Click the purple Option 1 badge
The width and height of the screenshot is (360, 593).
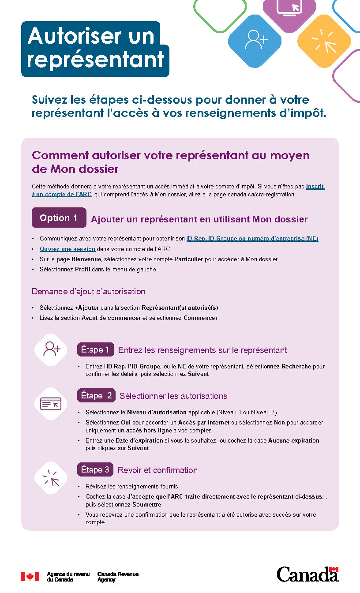(59, 218)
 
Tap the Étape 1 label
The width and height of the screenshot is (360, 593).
(95, 350)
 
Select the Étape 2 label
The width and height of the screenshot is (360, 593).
(97, 396)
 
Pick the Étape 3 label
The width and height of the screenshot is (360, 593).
(95, 470)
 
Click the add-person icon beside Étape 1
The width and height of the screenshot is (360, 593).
(51, 349)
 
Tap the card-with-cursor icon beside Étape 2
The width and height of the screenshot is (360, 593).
(51, 404)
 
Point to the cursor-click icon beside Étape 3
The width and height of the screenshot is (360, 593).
(51, 478)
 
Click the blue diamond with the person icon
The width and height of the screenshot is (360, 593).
(255, 41)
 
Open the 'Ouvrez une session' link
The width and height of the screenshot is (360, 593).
(67, 249)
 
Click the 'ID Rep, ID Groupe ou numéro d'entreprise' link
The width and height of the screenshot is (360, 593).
(252, 239)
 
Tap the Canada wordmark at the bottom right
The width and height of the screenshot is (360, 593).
(307, 574)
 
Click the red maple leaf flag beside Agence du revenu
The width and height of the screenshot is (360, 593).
(30, 576)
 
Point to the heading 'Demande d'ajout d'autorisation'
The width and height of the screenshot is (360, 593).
(88, 292)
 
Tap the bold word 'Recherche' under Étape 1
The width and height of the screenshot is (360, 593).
(296, 367)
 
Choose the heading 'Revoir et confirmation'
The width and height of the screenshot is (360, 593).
(157, 470)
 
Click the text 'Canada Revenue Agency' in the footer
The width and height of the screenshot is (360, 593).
(118, 577)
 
